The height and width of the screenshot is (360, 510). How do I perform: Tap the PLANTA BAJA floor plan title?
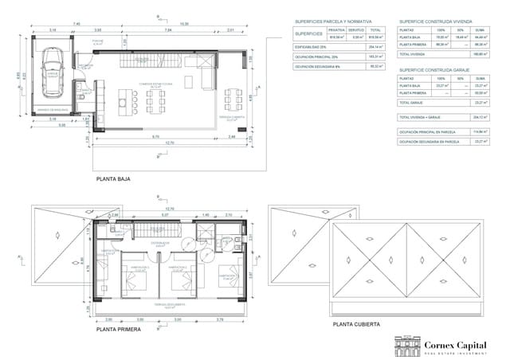113,179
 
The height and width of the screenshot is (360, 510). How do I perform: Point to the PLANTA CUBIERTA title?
357,324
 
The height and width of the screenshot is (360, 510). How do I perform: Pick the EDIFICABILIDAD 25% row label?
311,47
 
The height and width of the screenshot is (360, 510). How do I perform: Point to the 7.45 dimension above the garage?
76,24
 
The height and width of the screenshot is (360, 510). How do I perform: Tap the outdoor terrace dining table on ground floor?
232,100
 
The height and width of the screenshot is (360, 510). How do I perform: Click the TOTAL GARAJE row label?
411,103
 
